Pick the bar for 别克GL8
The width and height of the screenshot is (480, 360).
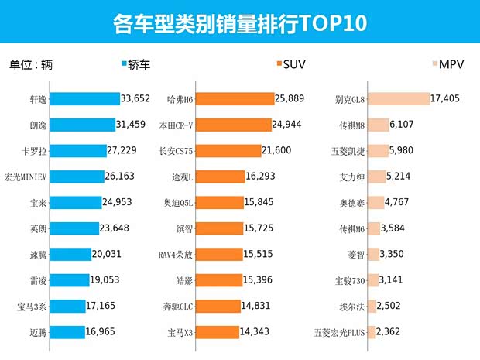398,98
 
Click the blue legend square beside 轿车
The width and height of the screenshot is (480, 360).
125,64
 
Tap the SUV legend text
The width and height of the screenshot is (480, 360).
294,64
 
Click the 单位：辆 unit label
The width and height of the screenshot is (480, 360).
32,64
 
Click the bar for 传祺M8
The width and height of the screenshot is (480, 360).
378,124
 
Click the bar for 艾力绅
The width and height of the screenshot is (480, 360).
376,177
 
